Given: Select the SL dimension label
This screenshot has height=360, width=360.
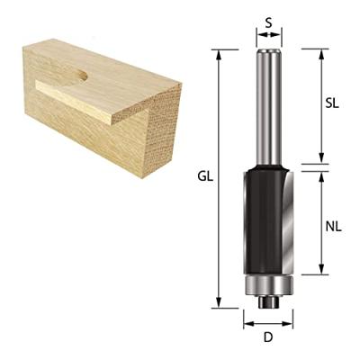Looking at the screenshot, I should point(332,103).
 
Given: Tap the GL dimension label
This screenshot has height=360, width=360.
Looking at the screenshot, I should point(205,178).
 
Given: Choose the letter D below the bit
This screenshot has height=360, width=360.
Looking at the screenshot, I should point(268,340).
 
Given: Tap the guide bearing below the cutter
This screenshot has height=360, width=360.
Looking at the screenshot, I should point(268,286).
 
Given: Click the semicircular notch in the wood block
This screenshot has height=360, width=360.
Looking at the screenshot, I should point(76,76).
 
